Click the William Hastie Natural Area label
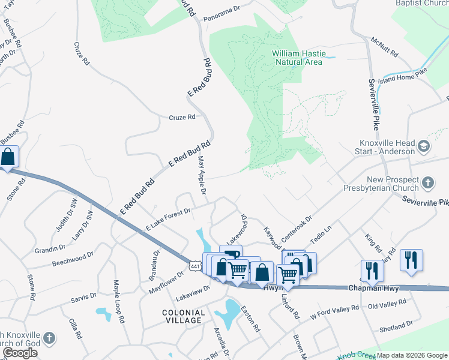298,58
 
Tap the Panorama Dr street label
220,9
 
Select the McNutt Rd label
384,48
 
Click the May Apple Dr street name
202,176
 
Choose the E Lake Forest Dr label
168,220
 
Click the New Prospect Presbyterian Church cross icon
427,182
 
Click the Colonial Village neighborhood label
184,316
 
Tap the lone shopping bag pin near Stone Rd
8,158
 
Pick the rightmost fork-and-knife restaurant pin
411,260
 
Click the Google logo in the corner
20,353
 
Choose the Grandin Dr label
50,248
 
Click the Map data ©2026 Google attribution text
412,355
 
